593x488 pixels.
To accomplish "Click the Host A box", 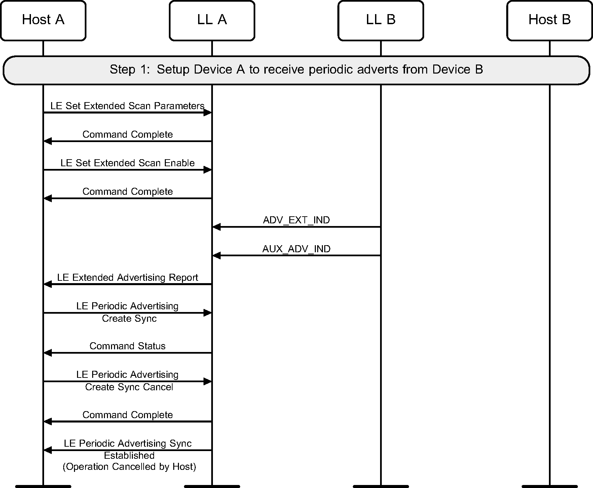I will coord(43,20).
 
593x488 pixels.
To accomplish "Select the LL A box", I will coord(212,20).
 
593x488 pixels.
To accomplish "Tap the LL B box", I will coord(380,20).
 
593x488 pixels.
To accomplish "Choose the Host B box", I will coord(549,20).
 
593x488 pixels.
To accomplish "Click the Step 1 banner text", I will coord(296,70).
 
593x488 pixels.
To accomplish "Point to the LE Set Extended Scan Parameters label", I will coord(127,106).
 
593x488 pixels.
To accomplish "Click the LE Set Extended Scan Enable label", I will coord(127,163).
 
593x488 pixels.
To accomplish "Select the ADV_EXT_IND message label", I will coord(296,220).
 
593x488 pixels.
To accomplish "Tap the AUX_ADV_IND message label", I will coord(296,249).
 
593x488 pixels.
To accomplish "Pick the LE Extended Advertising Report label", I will coord(127,277).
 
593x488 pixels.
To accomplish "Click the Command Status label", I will coord(127,346).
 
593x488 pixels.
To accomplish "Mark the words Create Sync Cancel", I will coord(129,387).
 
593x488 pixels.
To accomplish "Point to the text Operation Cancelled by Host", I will coord(129,467).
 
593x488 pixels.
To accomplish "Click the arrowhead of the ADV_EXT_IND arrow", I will coord(217,227).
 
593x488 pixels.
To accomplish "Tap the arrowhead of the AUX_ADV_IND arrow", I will coord(217,256).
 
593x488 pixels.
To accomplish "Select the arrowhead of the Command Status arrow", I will coord(48,353).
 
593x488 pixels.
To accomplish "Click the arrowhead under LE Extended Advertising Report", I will coord(48,284).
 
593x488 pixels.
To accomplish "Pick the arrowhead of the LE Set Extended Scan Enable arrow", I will coord(208,170).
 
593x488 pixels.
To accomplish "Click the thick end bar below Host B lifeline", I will coord(549,486).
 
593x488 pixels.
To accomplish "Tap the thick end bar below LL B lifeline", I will coord(380,486).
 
